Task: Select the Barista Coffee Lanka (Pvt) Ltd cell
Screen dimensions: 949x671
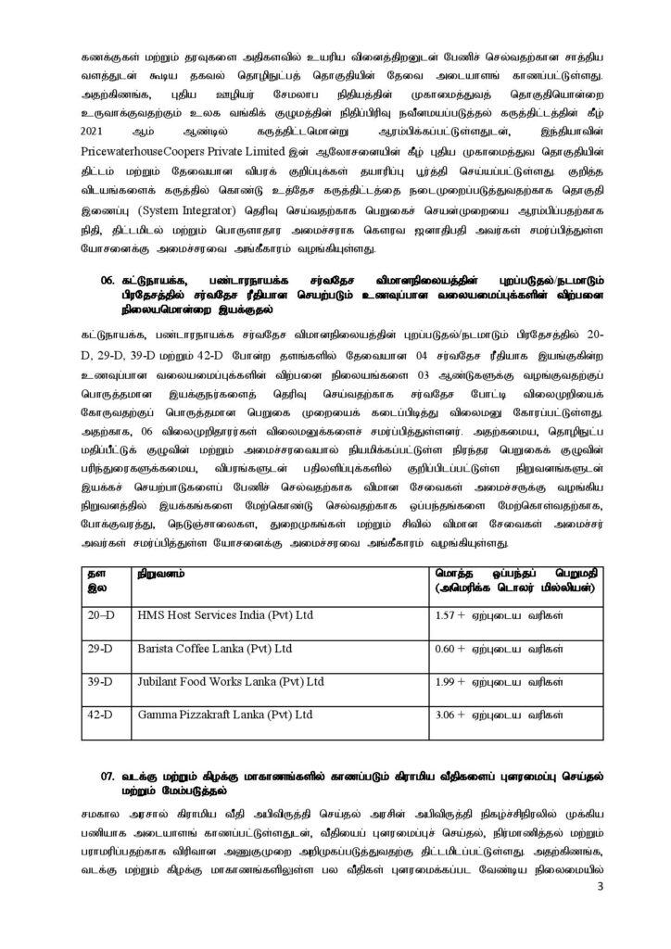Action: [215, 648]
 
